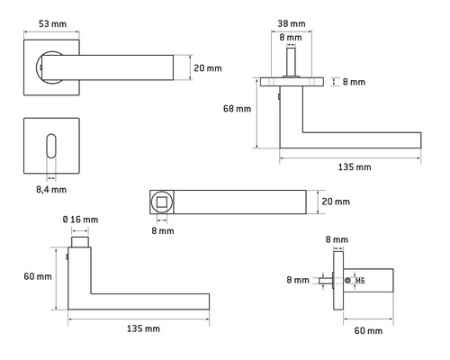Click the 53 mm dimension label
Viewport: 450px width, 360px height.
52,24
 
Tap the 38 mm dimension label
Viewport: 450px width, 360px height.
292,23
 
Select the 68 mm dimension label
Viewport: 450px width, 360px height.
237,109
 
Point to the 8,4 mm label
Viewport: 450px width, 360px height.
51,190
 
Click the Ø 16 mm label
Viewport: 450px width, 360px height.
80,220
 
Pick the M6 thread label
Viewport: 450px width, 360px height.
360,281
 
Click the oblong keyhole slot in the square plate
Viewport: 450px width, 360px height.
51,146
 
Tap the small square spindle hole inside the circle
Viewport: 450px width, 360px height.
162,202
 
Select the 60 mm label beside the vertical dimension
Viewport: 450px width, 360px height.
38,276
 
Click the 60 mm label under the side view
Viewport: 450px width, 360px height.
368,330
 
